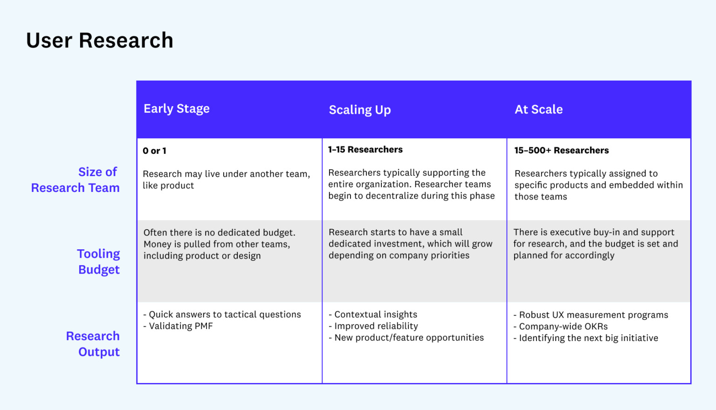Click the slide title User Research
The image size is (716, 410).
click(100, 41)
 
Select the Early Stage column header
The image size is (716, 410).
click(176, 109)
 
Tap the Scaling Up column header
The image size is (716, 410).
click(359, 110)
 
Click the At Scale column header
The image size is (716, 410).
click(538, 109)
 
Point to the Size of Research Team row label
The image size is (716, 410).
click(76, 180)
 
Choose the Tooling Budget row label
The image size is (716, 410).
click(98, 262)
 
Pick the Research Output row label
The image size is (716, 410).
click(93, 344)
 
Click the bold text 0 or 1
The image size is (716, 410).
click(154, 151)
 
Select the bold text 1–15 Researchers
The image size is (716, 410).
click(365, 150)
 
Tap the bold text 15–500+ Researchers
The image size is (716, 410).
click(561, 150)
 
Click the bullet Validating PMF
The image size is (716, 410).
click(180, 326)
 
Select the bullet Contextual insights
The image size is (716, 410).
click(375, 314)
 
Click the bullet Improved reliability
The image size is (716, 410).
click(376, 326)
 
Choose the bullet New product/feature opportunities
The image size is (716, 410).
click(409, 338)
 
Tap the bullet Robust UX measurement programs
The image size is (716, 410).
click(593, 315)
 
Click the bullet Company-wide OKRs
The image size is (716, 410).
click(563, 327)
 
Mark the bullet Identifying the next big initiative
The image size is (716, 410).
click(588, 338)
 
